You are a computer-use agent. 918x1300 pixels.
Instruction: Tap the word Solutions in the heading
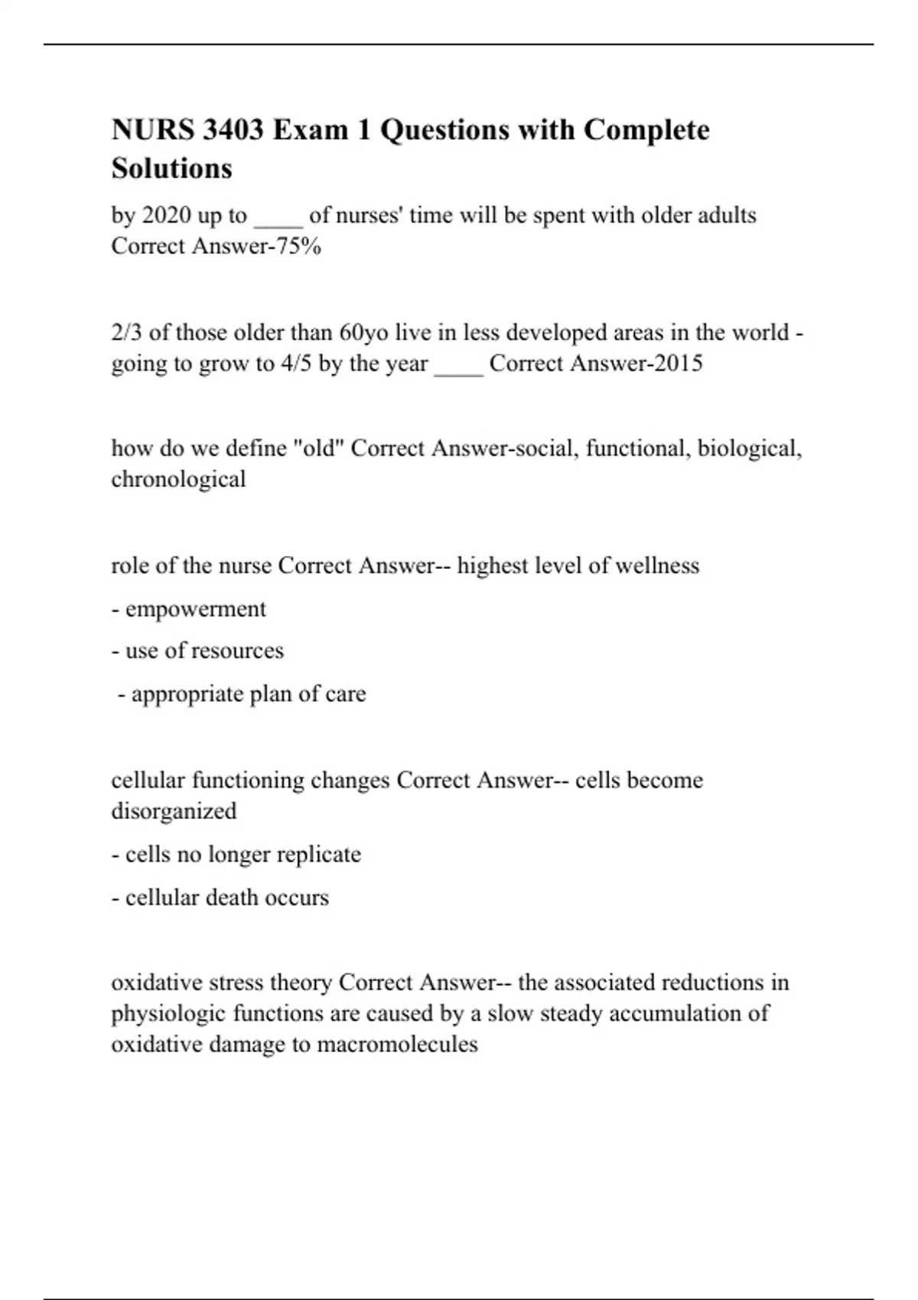point(171,168)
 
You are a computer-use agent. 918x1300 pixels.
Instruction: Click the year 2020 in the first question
point(167,216)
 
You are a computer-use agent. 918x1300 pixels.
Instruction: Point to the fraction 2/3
point(127,333)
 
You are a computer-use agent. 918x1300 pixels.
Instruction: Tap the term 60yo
point(363,333)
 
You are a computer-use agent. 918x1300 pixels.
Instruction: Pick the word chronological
point(178,479)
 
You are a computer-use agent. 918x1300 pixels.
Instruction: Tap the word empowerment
point(195,609)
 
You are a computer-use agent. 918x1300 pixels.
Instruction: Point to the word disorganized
point(174,811)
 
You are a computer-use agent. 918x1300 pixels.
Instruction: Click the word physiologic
point(168,1014)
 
